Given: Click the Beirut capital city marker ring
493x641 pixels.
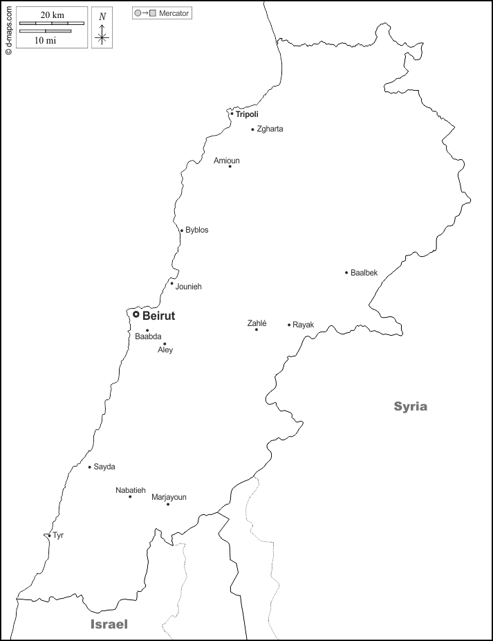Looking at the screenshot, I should point(136,314).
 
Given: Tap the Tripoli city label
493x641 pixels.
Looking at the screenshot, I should point(247,114).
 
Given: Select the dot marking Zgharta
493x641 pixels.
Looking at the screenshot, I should point(252,129).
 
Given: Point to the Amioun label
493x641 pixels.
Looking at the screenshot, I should point(227,161).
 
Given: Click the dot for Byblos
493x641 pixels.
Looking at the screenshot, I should point(181,231).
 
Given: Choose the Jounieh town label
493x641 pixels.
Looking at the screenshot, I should point(189,287).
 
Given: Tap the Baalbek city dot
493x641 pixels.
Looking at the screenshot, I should point(346,273).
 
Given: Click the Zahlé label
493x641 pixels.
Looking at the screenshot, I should point(257,323).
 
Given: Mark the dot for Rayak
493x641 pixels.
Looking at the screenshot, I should point(289,325).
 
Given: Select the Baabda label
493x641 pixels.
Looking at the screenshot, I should point(148,337).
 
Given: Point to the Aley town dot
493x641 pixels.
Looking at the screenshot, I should point(165,344).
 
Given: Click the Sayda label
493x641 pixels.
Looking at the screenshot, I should point(104,467).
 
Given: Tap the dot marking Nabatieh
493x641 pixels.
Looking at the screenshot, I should point(130,496).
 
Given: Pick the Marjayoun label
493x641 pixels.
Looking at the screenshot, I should point(169,497).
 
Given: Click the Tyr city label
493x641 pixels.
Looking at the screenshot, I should point(58,535).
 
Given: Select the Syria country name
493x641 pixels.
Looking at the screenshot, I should point(411,406).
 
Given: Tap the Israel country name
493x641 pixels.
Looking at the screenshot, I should point(109,624).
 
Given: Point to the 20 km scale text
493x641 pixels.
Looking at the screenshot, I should point(52,15).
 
